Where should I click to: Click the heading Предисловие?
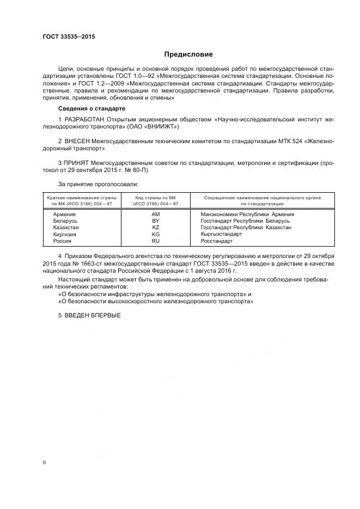(x=188, y=54)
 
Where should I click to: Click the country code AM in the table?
(x=155, y=214)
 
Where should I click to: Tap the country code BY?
(x=155, y=221)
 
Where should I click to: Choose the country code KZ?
(x=155, y=228)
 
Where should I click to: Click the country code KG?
(x=155, y=234)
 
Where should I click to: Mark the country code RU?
(x=155, y=241)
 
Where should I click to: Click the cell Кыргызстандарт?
(x=221, y=234)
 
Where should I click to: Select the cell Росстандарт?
(x=216, y=241)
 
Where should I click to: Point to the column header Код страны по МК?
(x=155, y=198)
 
